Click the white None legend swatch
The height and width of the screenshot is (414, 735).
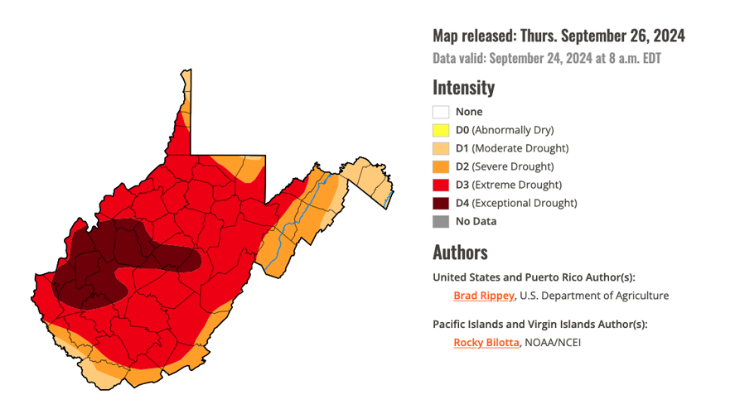point(441,112)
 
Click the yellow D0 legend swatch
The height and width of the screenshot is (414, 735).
point(441,130)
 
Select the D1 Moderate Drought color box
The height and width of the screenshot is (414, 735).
point(441,148)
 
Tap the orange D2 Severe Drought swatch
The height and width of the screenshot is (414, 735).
point(441,166)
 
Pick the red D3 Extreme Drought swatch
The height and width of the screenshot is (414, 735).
point(441,185)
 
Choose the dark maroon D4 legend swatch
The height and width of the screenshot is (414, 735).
point(441,203)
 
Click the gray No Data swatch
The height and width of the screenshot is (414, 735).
point(441,221)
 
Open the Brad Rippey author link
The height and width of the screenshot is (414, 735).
point(484,296)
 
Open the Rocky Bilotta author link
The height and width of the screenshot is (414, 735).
point(486,342)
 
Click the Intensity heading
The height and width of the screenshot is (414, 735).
point(463,87)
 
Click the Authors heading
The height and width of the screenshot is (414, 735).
point(460,252)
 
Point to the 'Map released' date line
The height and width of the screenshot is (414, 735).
point(559,36)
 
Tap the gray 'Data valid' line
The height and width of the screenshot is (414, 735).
point(546,59)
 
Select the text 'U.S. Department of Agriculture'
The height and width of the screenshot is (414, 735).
point(594,296)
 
